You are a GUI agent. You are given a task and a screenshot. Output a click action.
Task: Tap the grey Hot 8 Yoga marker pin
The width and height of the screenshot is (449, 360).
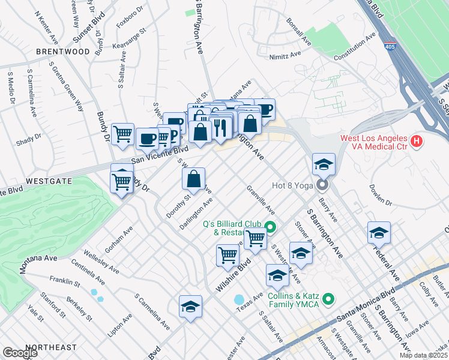[323, 185]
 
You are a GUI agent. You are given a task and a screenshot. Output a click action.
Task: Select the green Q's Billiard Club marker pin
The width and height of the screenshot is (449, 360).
[270, 227]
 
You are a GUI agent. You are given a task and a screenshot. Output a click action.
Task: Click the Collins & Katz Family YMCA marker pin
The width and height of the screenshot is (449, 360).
[328, 298]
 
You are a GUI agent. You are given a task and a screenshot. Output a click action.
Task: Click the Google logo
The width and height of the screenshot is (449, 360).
[19, 353]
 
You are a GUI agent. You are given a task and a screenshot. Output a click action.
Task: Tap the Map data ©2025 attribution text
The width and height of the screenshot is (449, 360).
[424, 355]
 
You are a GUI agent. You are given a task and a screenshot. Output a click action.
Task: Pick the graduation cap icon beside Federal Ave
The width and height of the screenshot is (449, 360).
[379, 233]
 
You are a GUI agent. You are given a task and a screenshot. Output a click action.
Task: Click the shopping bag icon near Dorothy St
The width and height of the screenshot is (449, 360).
[194, 179]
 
